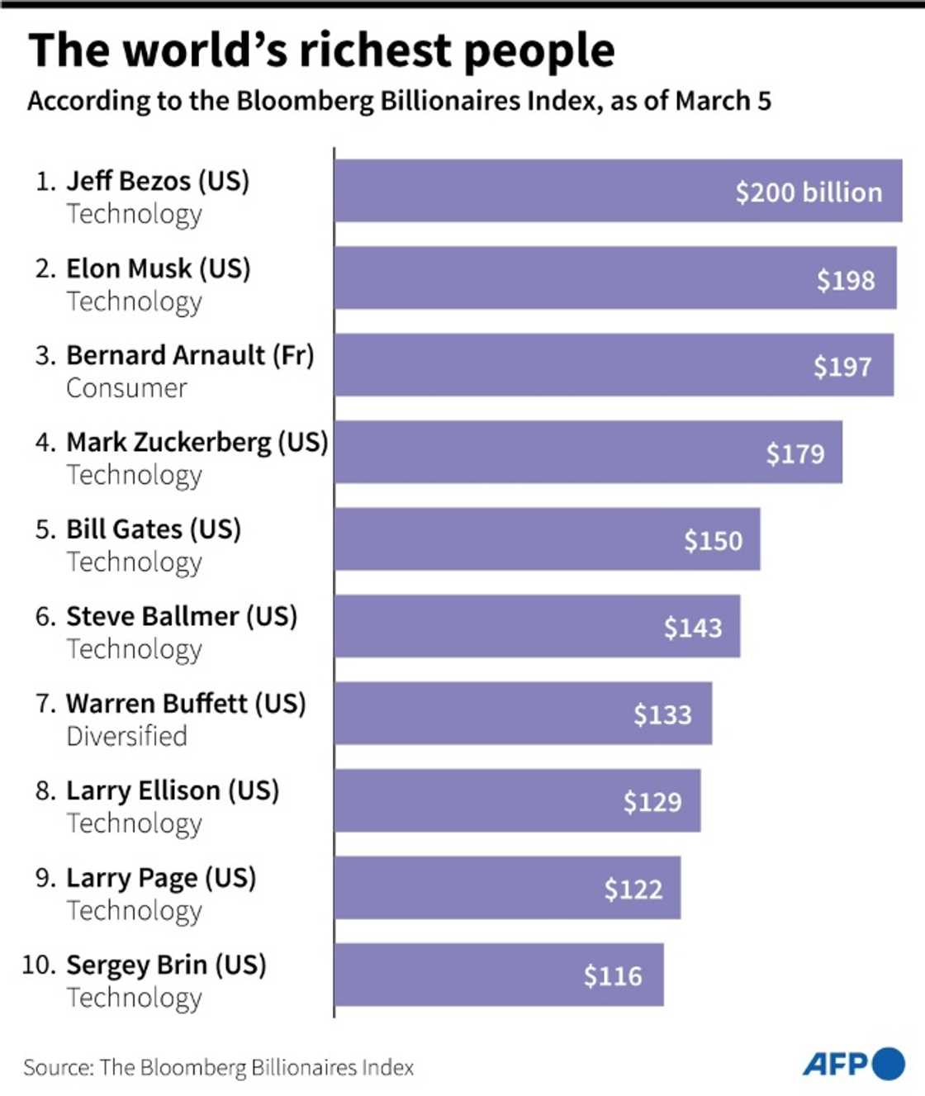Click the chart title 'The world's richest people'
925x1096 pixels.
[x=321, y=50]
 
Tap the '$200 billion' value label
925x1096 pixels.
[x=809, y=192]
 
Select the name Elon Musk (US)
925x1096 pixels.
[x=158, y=268]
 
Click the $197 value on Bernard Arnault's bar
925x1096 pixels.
[x=842, y=367]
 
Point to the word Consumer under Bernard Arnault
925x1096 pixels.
[x=126, y=388]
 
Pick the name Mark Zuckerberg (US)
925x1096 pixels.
[x=197, y=442]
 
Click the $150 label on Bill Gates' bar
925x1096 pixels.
[x=713, y=541]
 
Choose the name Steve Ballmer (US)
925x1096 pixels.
[x=181, y=616]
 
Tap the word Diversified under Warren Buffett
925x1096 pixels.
[x=126, y=736]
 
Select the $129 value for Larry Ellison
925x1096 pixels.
[x=652, y=802]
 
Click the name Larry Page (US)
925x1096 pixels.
[x=160, y=877]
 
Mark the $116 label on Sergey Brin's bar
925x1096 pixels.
[x=612, y=976]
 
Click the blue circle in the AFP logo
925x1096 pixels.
[x=888, y=1064]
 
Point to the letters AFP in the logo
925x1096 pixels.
[x=835, y=1064]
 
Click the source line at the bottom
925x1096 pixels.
[x=218, y=1068]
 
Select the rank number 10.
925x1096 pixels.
[x=39, y=965]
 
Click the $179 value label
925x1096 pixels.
[x=795, y=453]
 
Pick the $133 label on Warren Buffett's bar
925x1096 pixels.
[x=662, y=714]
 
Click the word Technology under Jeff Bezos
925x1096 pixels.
[x=134, y=214]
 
